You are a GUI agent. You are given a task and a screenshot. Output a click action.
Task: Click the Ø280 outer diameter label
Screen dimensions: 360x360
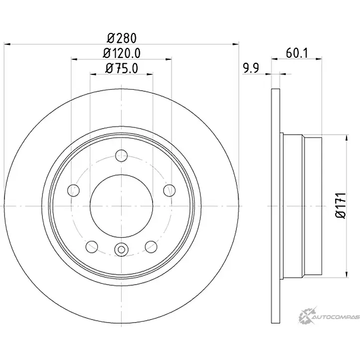pos(122,38)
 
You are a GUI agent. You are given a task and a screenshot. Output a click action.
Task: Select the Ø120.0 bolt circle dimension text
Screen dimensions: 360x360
pos(122,53)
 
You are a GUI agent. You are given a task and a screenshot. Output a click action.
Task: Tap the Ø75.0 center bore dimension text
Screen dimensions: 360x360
pos(122,68)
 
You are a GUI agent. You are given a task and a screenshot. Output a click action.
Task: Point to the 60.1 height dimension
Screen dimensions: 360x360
pos(297,53)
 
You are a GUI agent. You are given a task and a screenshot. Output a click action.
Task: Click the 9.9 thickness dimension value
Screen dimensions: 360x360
pos(251,68)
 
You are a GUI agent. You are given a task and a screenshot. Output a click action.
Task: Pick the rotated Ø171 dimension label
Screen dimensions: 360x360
pos(341,205)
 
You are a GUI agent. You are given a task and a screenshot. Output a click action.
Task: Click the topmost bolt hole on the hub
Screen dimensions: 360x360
pos(121,156)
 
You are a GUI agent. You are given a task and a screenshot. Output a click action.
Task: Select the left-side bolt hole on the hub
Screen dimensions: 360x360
pos(73,190)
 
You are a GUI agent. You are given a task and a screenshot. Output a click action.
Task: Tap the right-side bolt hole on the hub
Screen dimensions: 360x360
pos(170,190)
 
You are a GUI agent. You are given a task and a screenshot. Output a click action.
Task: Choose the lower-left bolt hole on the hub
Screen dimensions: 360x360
pos(92,247)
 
